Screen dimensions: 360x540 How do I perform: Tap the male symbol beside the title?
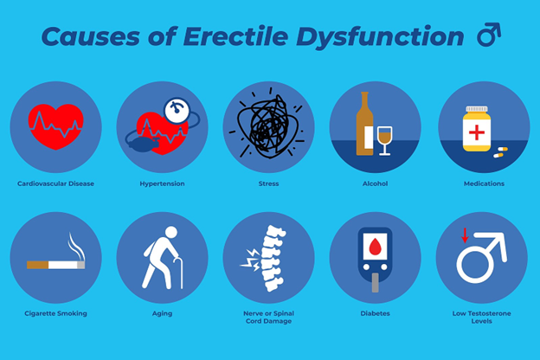pyautogui.click(x=489, y=35)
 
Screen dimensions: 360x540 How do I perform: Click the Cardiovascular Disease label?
pyautogui.click(x=55, y=183)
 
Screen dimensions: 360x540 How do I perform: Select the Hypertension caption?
pyautogui.click(x=162, y=183)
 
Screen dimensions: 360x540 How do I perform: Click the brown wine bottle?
pyautogui.click(x=364, y=125)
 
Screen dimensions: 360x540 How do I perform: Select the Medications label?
pyautogui.click(x=483, y=183)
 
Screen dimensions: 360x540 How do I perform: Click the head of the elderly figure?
pyautogui.click(x=170, y=233)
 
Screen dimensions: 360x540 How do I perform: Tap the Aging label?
pyautogui.click(x=162, y=313)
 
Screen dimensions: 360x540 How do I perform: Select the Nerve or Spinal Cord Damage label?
pyautogui.click(x=268, y=317)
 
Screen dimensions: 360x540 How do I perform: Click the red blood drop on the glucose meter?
pyautogui.click(x=376, y=247)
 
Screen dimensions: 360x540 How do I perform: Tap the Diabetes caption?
pyautogui.click(x=376, y=313)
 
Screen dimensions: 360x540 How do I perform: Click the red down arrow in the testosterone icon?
pyautogui.click(x=464, y=235)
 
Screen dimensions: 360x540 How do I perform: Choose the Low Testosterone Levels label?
pyautogui.click(x=483, y=317)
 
